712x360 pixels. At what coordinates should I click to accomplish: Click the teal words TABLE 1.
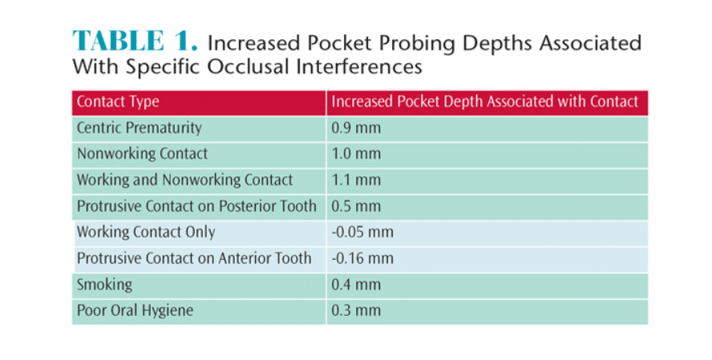135,41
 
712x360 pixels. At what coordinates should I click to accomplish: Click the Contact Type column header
118,102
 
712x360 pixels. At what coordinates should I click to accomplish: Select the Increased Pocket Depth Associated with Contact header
485,102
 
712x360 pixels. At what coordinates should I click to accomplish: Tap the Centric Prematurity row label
139,128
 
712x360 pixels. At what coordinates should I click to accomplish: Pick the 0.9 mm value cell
356,128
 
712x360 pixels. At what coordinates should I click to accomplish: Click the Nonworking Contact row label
142,154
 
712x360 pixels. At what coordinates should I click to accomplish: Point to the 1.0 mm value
356,154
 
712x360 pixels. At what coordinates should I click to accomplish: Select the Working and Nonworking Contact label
184,180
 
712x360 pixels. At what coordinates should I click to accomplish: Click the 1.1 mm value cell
356,180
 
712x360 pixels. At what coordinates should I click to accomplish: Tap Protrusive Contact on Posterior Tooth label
196,206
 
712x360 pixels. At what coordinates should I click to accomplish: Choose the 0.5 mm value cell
356,207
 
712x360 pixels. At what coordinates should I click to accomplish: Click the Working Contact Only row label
146,232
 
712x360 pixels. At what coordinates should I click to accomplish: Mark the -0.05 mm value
362,233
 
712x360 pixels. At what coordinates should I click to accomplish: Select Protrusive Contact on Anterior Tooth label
194,258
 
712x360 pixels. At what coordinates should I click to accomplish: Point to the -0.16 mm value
362,259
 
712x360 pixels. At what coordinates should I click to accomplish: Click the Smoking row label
104,285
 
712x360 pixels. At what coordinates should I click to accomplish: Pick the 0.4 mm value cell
356,285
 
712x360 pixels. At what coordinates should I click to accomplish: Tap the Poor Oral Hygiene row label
135,310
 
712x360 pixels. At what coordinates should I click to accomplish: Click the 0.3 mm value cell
356,311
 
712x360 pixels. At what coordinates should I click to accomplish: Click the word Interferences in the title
360,67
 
